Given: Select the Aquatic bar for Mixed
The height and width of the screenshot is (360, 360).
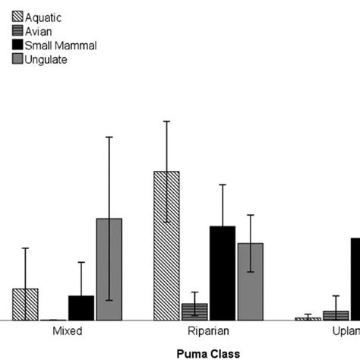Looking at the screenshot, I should pyautogui.click(x=25, y=304).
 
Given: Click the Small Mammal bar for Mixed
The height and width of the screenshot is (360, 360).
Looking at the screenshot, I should pyautogui.click(x=81, y=308).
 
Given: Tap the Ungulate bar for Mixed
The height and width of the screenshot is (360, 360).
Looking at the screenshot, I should pyautogui.click(x=109, y=269).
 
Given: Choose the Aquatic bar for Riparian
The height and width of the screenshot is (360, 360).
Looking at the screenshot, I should pyautogui.click(x=166, y=245).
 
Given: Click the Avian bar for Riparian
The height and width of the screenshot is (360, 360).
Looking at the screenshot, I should pyautogui.click(x=194, y=311).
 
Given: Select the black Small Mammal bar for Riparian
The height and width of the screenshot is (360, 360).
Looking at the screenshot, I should pyautogui.click(x=223, y=273).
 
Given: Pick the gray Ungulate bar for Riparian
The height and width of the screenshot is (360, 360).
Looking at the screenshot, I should pyautogui.click(x=251, y=281).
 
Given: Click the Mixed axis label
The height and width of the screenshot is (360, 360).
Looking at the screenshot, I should pyautogui.click(x=68, y=332).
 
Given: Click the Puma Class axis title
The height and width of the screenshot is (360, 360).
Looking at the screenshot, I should pyautogui.click(x=208, y=353).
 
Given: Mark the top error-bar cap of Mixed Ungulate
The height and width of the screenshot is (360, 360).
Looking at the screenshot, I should pyautogui.click(x=109, y=137).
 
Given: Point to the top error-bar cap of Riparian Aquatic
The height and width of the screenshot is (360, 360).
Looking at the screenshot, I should pyautogui.click(x=166, y=121).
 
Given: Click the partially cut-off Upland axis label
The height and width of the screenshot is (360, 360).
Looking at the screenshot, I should pyautogui.click(x=346, y=332).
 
